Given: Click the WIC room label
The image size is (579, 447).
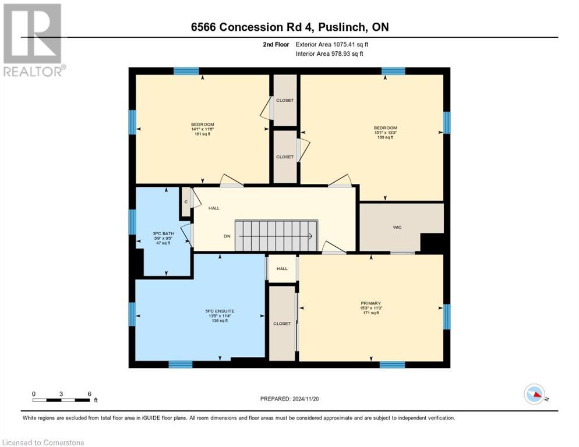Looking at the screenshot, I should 397,227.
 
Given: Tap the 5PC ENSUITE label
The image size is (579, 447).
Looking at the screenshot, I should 220,311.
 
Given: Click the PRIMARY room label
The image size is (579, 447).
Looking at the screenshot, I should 370,303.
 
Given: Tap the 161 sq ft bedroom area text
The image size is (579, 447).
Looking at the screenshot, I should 202,134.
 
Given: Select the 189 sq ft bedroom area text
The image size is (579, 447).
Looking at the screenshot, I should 385,137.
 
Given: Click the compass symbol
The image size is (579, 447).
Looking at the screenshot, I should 534,395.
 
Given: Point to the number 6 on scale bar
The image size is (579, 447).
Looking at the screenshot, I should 89,393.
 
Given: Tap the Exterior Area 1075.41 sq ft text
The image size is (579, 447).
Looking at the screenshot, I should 332,44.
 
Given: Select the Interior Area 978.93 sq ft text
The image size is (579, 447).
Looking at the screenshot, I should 329,54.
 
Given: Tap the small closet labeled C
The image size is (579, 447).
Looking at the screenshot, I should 186,202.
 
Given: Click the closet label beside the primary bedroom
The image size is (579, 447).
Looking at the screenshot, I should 281,324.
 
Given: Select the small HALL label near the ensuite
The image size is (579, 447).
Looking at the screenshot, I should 282,269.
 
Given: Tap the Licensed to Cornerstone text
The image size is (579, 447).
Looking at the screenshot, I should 44,443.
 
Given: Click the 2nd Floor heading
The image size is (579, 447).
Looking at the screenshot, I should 276,44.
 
